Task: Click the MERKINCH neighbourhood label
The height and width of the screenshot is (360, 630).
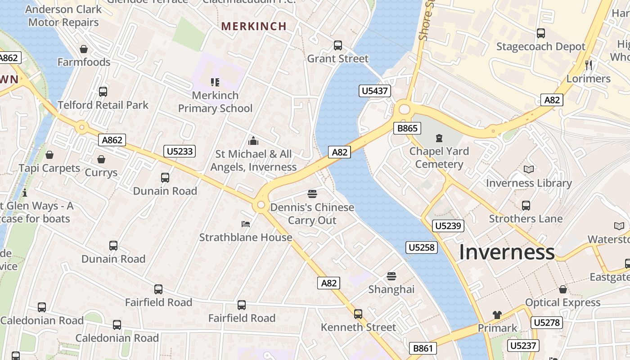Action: click(254, 26)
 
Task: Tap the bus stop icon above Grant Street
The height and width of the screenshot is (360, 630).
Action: click(338, 45)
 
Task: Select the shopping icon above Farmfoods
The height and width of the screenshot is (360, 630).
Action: click(84, 49)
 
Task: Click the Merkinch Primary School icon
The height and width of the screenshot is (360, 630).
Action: click(215, 82)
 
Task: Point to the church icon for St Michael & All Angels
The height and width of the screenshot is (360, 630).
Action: click(253, 141)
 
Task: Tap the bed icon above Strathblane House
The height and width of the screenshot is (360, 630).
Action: click(246, 224)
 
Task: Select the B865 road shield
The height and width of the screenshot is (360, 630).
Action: click(407, 128)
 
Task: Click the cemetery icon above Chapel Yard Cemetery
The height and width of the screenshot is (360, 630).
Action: click(439, 138)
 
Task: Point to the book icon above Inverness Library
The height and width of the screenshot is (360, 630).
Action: click(529, 170)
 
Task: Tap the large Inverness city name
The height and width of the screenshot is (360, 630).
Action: click(507, 252)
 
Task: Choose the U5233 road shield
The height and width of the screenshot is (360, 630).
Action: click(180, 151)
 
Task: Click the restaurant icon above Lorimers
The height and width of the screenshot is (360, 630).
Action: click(589, 65)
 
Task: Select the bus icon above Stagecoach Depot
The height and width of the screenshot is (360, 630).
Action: click(541, 33)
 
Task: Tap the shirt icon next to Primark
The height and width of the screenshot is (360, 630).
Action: click(497, 315)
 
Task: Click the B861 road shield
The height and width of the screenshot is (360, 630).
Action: click(423, 348)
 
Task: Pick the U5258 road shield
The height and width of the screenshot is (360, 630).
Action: click(422, 247)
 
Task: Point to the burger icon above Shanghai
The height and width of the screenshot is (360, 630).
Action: click(391, 276)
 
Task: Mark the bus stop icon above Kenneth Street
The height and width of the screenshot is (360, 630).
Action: click(358, 314)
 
